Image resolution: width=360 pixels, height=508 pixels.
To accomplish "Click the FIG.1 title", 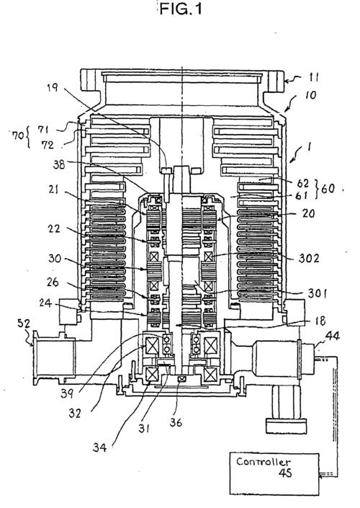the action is (181, 9).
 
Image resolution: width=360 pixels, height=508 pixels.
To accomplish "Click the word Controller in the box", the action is (264, 462).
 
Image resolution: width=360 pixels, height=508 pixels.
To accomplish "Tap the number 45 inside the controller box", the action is (285, 473).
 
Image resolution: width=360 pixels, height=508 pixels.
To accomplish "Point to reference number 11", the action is (313, 77).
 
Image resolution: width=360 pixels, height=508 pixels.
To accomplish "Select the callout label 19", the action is (53, 86).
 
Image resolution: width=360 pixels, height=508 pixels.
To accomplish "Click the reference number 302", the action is (309, 258).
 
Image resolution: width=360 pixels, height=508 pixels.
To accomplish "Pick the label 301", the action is (317, 293).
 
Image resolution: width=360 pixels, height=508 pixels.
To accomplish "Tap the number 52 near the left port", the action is (24, 323).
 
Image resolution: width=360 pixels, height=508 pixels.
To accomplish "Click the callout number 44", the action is (333, 336).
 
